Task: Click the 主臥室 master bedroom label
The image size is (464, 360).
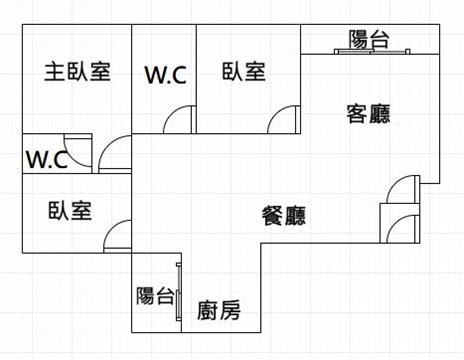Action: coord(77,71)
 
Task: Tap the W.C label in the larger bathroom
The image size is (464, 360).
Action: coord(166,75)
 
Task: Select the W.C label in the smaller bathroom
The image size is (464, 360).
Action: coord(47,160)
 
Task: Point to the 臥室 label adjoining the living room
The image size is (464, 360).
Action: coord(244,71)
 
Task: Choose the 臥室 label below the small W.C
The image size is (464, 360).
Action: coord(70,210)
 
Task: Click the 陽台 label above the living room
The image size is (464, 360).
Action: coord(369,40)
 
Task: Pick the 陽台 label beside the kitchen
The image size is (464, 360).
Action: coord(155,296)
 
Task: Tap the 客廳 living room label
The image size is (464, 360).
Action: coord(368,114)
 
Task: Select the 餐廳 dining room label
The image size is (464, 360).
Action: coord(284,216)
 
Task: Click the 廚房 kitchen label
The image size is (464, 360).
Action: coord(219,310)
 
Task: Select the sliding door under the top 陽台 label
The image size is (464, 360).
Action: coord(372,51)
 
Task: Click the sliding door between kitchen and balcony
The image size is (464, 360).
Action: coord(179,292)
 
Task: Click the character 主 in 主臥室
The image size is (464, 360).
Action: coord(54,71)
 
